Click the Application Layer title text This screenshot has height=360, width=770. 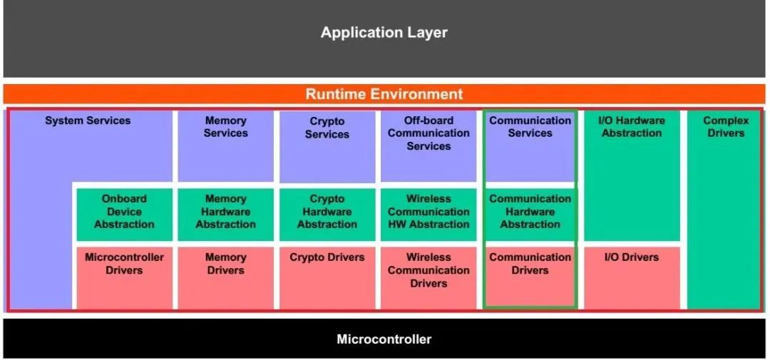(x=384, y=33)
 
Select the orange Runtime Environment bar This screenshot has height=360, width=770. (x=384, y=94)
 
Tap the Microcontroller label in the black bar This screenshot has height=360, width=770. (x=384, y=339)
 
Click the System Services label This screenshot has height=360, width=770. (x=88, y=120)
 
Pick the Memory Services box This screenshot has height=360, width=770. (x=226, y=146)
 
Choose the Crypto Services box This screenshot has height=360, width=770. (x=327, y=146)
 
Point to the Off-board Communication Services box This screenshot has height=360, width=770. (x=428, y=146)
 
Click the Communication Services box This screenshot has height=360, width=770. (x=530, y=146)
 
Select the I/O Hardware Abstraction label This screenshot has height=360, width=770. (x=632, y=127)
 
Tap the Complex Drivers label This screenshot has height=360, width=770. (x=726, y=127)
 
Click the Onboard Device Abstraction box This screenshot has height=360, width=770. (x=124, y=215)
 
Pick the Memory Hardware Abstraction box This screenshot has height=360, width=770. (x=226, y=215)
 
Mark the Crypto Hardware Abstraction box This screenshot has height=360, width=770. (x=327, y=215)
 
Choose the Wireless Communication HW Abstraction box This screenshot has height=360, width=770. (x=428, y=215)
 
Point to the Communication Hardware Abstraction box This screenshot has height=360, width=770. (x=530, y=215)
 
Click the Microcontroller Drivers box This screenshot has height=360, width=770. (x=124, y=278)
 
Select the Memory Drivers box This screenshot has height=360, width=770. (x=226, y=278)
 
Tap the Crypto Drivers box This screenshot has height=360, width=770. (x=327, y=278)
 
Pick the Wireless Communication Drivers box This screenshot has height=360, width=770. (x=428, y=278)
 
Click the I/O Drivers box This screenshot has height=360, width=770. (x=632, y=278)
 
